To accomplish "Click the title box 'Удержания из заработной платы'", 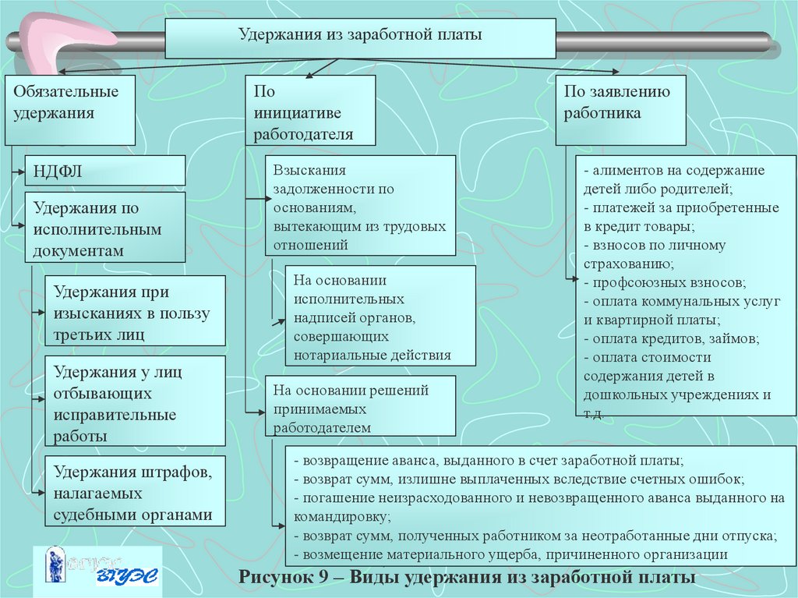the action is (x=360, y=39).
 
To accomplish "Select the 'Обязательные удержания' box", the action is (x=70, y=110).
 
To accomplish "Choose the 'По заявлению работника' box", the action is (x=620, y=110).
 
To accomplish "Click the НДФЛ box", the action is (x=105, y=171).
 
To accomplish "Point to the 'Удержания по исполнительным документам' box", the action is (x=105, y=227).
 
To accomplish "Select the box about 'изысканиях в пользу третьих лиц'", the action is (x=136, y=311).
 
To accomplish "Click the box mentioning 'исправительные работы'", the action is (x=136, y=401).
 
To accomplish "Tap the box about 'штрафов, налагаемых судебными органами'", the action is (x=136, y=491).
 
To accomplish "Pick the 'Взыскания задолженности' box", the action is (x=360, y=205).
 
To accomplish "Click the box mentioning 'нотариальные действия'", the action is (x=380, y=315).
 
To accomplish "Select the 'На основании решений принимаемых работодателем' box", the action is (x=360, y=406).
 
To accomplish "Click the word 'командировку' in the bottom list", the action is (x=341, y=517).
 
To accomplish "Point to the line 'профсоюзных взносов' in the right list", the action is (x=665, y=283).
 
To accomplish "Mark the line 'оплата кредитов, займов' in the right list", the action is (x=672, y=338).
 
